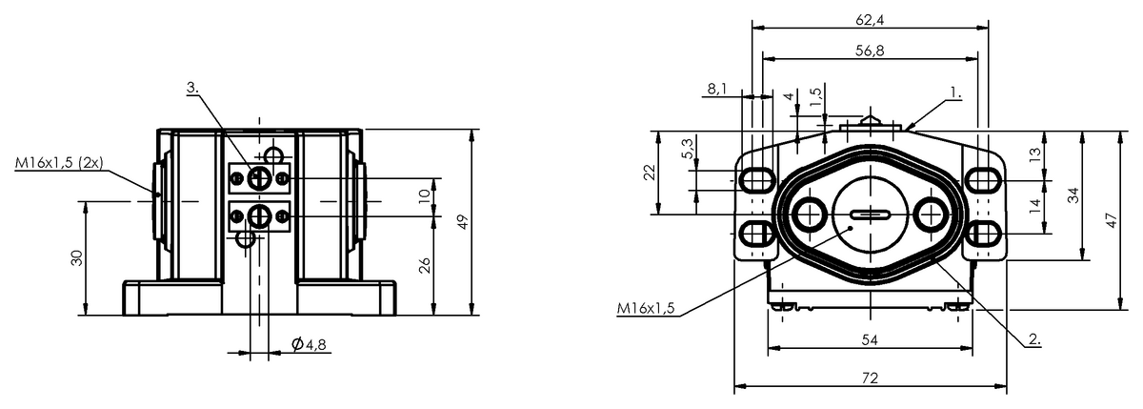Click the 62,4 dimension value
click(x=870, y=20)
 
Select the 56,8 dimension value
click(x=870, y=51)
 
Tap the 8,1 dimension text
click(x=717, y=90)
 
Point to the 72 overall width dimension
click(x=870, y=378)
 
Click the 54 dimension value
click(x=870, y=340)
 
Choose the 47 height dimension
click(x=1112, y=219)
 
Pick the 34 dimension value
click(x=1074, y=195)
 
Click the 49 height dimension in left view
click(x=462, y=222)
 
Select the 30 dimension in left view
click(x=77, y=257)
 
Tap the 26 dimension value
click(x=425, y=266)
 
